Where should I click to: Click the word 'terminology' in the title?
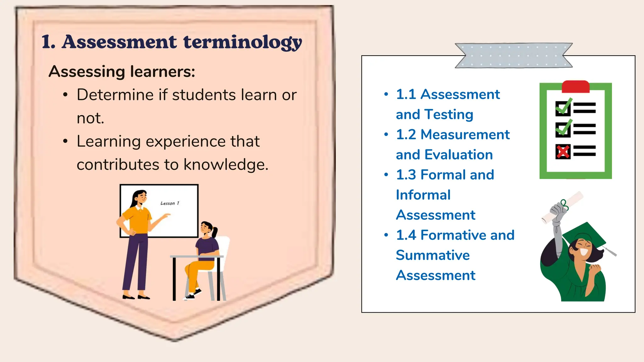[242, 42]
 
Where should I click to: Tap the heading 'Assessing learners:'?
[122, 72]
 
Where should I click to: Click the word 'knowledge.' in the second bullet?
[226, 164]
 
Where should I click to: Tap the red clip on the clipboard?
[575, 86]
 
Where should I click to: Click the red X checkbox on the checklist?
[563, 151]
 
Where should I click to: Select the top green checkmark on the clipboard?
[563, 107]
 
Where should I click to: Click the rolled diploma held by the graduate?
[563, 207]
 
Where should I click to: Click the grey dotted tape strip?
[514, 56]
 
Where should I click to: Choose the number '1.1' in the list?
[406, 94]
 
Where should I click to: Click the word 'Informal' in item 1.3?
[423, 195]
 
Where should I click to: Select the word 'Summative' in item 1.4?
[433, 255]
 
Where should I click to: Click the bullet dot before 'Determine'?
[65, 95]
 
